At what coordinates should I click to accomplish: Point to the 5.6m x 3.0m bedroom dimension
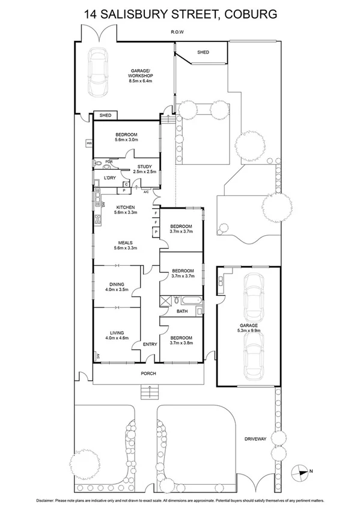click(126, 140)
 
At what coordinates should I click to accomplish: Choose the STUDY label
click(144, 167)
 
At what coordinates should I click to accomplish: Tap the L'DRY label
click(110, 178)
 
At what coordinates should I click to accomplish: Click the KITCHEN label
click(126, 207)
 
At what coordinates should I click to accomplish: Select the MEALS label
click(126, 242)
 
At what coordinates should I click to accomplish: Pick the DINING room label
click(117, 285)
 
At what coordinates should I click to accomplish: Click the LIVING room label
click(117, 333)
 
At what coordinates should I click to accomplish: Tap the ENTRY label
click(150, 344)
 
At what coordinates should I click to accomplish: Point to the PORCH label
click(148, 373)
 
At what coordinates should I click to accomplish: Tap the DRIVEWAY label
click(255, 438)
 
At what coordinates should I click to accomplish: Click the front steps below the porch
click(147, 393)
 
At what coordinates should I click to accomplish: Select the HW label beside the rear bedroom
click(89, 143)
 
